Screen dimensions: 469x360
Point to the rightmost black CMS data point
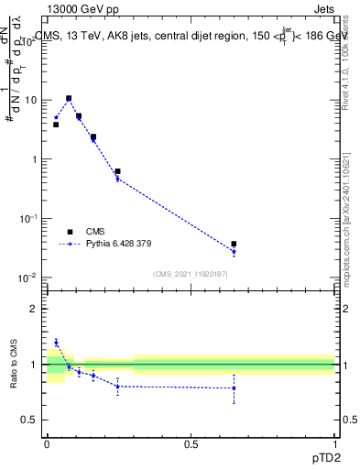click(235, 245)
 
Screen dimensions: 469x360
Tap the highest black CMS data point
click(69, 98)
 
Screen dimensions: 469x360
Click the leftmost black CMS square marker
click(56, 124)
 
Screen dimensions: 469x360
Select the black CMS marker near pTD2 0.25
click(117, 171)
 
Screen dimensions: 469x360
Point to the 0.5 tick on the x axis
click(191, 443)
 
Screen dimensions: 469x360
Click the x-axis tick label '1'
click(334, 443)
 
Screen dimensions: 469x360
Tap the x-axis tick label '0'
click(47, 443)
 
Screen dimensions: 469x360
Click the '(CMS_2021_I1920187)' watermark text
click(191, 273)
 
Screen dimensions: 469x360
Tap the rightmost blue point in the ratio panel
click(235, 388)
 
